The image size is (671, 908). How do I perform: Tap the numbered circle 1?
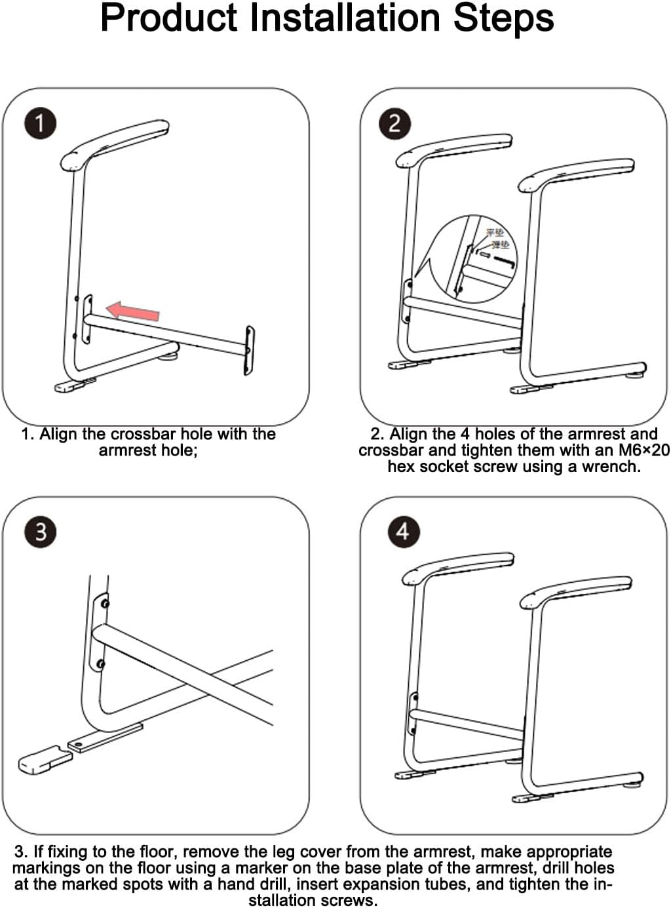pyautogui.click(x=40, y=123)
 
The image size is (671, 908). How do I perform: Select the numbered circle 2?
pyautogui.click(x=395, y=123)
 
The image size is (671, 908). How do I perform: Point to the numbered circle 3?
pyautogui.click(x=40, y=531)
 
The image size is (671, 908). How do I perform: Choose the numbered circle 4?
pyautogui.click(x=402, y=531)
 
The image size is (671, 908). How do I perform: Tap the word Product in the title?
pyautogui.click(x=168, y=18)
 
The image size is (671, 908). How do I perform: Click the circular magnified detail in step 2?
pyautogui.click(x=476, y=260)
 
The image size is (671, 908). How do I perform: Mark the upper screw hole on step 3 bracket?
pyautogui.click(x=104, y=603)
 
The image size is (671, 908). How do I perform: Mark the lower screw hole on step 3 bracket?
pyautogui.click(x=100, y=664)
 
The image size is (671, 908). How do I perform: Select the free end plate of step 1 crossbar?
pyautogui.click(x=249, y=349)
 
